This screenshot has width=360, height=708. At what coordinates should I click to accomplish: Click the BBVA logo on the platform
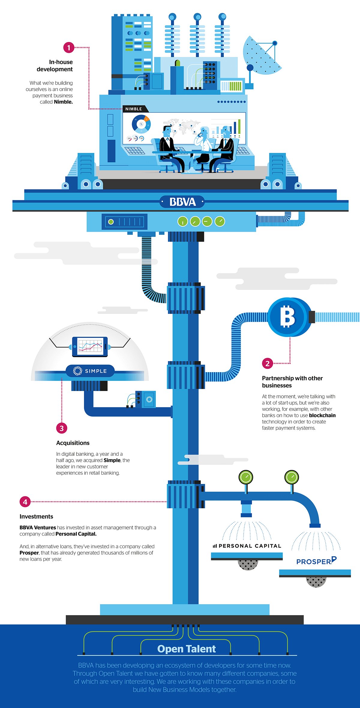click(182, 202)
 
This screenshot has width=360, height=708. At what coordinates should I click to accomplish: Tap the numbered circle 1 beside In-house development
click(69, 47)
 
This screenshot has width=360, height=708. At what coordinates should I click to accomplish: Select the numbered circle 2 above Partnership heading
click(267, 363)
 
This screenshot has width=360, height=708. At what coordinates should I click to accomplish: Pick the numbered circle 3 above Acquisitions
click(61, 428)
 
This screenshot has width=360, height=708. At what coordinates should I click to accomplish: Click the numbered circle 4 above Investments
click(25, 502)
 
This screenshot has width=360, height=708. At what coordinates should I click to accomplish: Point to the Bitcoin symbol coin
click(288, 317)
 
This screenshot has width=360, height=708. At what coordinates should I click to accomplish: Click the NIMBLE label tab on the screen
click(134, 109)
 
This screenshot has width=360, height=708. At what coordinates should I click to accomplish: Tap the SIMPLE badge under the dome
click(90, 371)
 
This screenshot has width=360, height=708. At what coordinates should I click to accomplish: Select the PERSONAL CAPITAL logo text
click(247, 546)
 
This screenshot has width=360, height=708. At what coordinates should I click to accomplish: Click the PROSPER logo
click(316, 561)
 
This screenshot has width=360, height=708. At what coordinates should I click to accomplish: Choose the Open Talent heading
click(186, 649)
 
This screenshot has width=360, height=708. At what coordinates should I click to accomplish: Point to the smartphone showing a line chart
click(90, 347)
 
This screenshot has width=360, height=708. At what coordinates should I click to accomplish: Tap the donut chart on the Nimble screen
click(141, 124)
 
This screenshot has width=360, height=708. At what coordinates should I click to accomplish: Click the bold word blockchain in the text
click(322, 415)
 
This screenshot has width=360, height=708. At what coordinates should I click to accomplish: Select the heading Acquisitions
click(73, 443)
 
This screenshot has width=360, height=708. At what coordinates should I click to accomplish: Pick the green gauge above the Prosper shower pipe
click(292, 477)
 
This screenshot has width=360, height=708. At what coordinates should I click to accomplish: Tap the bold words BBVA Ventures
click(38, 527)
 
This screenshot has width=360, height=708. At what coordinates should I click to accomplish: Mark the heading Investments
click(36, 516)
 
